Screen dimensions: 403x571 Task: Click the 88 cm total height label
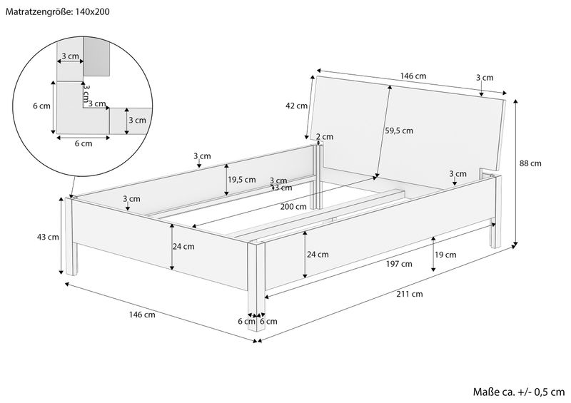(530, 163)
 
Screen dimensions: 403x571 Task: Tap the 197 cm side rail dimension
(402, 263)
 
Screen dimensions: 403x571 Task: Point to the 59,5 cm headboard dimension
(399, 131)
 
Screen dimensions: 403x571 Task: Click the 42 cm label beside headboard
(296, 106)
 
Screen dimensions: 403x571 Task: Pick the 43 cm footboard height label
(48, 238)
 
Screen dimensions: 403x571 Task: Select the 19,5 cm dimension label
(241, 180)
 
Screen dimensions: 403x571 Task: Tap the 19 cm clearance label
(445, 255)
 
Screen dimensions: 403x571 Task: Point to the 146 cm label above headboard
(413, 76)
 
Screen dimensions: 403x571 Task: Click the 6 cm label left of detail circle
(42, 106)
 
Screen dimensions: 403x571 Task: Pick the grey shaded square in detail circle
(98, 56)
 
